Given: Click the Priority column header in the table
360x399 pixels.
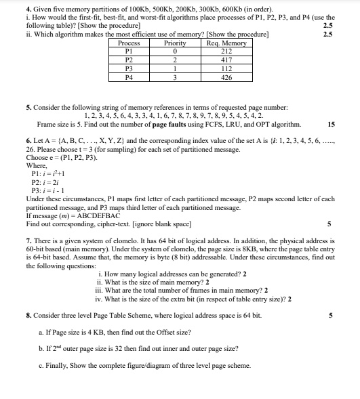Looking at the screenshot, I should (x=175, y=43).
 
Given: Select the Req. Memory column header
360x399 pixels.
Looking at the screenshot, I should (x=226, y=43).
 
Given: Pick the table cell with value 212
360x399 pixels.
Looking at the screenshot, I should (x=226, y=51).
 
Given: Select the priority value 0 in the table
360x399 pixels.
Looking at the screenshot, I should (x=175, y=51).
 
